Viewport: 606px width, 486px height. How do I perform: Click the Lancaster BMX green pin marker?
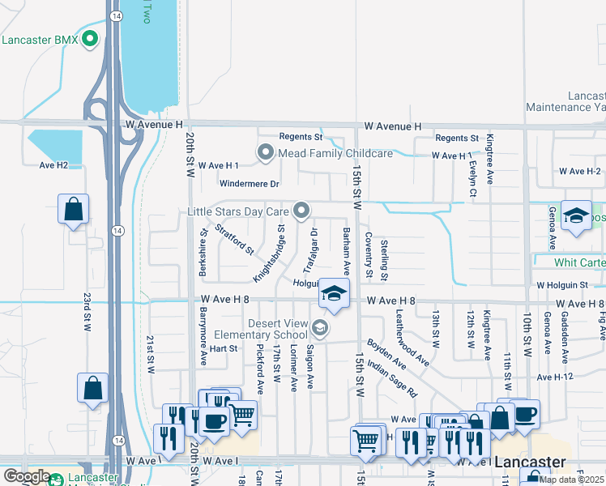tap(90, 39)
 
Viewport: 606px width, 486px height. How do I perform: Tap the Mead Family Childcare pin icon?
tap(265, 152)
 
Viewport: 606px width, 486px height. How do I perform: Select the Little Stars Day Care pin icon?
tap(301, 211)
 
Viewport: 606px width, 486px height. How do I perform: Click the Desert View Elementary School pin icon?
tap(320, 328)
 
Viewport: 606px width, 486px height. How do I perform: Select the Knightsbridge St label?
tap(270, 254)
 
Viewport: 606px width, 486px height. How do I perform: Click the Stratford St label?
tap(236, 239)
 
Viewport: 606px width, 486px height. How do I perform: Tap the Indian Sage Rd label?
tap(391, 377)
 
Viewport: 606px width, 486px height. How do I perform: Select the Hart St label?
tap(223, 349)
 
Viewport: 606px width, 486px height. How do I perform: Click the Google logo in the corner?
tap(27, 476)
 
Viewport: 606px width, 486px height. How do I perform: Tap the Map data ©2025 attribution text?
tap(571, 480)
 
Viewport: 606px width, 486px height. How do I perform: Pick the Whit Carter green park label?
tap(579, 262)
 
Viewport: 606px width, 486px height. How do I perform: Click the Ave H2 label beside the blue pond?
tap(53, 165)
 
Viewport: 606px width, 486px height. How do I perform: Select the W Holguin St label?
tap(561, 285)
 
